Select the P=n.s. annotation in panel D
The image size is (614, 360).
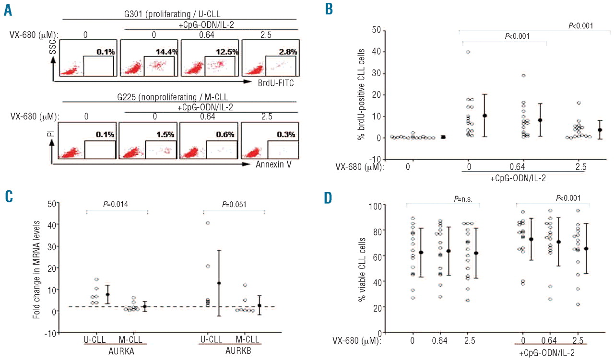[464, 198]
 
